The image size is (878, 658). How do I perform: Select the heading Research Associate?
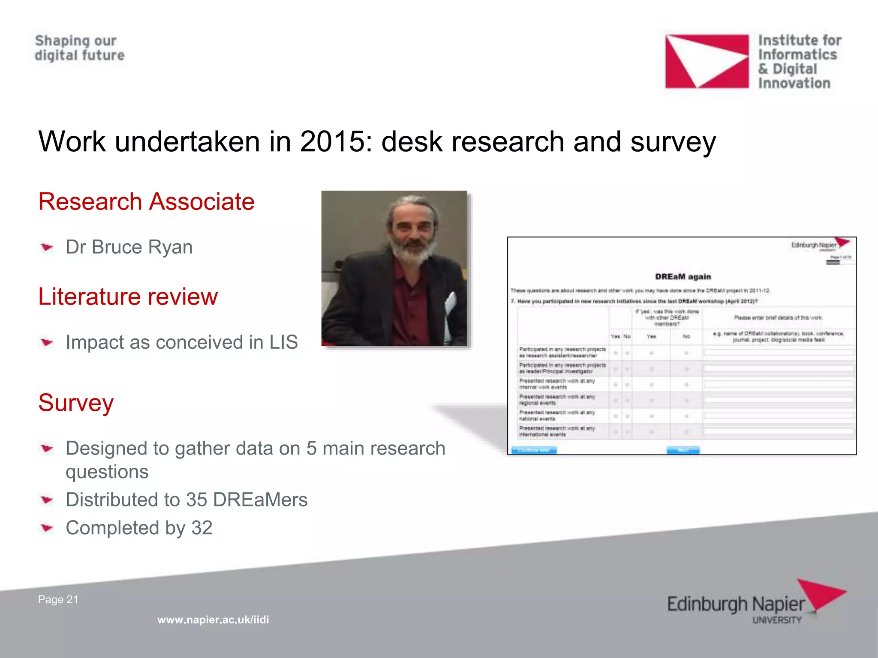point(146,202)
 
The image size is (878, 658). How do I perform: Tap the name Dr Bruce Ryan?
point(129,247)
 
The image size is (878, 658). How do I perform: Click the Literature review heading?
point(128,296)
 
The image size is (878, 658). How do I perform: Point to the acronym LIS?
point(283,342)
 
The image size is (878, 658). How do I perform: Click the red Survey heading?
point(76,403)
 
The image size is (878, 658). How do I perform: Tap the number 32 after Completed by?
point(202,528)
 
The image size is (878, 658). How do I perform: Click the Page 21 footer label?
point(58,599)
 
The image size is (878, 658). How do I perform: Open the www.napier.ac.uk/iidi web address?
point(213,619)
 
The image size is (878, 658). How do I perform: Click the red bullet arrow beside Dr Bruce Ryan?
point(47,247)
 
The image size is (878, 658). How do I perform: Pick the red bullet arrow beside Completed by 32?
point(47,528)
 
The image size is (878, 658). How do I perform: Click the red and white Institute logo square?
point(707,61)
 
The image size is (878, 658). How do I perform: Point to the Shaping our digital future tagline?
point(79,48)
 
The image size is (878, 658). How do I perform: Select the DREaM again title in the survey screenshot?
point(683,277)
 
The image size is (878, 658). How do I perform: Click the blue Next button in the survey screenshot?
point(683,450)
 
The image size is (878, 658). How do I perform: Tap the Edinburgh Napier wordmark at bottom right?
point(736,604)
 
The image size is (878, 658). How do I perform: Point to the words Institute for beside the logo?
point(800,41)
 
